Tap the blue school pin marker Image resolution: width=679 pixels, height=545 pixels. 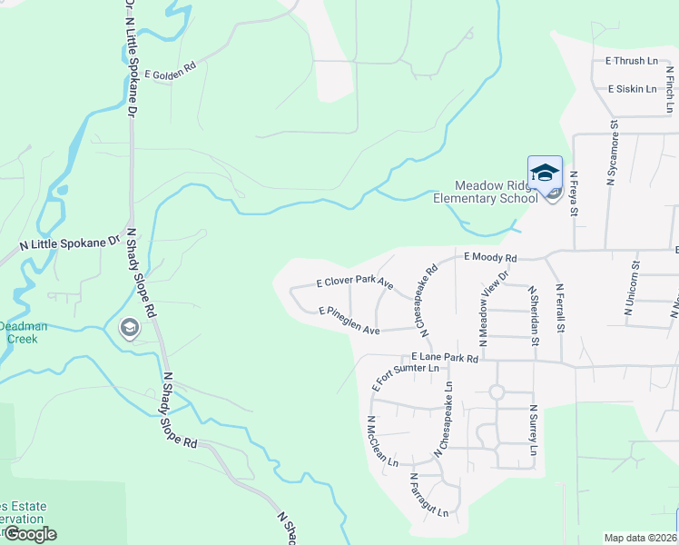tap(545, 173)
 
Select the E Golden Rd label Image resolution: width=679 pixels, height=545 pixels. tap(170, 71)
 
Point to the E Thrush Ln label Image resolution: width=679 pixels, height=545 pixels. tap(631, 62)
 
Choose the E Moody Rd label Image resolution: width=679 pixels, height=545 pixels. tap(490, 258)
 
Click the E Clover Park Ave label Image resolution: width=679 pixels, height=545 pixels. tap(354, 282)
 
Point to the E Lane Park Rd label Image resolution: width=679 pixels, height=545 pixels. tap(445, 358)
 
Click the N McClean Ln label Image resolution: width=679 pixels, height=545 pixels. tap(382, 441)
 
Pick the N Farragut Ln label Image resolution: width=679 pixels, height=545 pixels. tap(428, 495)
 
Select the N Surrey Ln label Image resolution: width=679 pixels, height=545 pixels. tap(534, 431)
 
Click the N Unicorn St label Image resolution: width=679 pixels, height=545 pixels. tap(633, 290)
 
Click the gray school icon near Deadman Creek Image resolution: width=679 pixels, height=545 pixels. tap(129, 328)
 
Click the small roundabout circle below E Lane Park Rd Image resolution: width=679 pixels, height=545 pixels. tap(496, 392)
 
